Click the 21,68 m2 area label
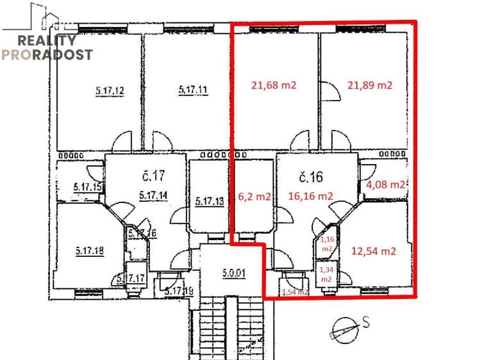click(274, 85)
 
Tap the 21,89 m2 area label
click(370, 85)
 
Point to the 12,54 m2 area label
click(374, 251)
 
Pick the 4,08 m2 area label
click(385, 184)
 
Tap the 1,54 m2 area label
click(295, 292)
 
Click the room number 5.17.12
click(110, 91)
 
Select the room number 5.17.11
click(193, 91)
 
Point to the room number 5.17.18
click(90, 250)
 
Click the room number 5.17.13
click(210, 202)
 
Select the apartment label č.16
click(312, 176)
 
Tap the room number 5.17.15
click(88, 187)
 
